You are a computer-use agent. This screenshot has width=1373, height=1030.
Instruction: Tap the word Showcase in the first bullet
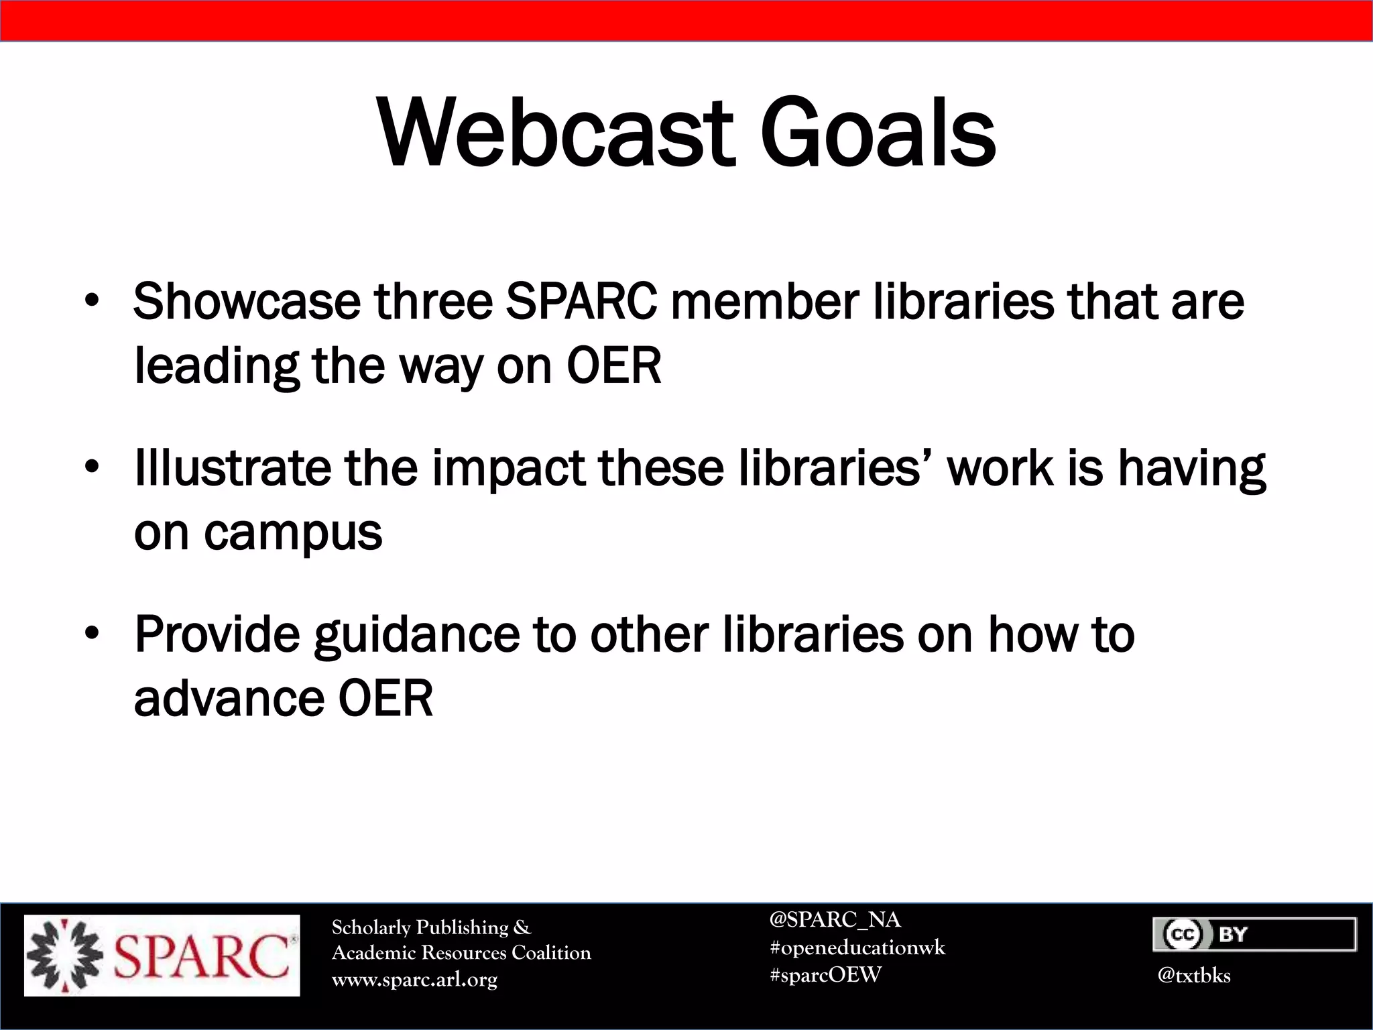247,302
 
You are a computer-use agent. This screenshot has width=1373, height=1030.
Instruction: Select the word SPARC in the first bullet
581,302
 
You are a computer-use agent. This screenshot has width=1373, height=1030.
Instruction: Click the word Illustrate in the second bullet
232,467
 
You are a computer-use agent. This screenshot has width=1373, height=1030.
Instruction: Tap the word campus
293,533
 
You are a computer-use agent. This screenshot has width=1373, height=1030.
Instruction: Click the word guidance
416,635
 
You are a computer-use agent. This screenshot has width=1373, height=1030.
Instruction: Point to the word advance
229,699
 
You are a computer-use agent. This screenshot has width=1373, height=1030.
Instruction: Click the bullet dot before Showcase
92,301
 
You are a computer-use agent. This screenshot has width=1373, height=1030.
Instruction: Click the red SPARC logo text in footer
201,956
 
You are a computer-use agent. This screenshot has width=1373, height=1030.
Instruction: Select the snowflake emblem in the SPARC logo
64,956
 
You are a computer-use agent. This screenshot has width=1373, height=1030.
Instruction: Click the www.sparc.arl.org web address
414,980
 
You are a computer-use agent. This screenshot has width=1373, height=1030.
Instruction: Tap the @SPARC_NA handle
835,919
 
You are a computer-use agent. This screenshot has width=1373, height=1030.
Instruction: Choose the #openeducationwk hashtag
857,948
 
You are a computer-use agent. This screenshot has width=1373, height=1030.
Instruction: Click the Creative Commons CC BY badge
1254,934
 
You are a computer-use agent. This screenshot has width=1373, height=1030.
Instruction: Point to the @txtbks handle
1194,975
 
